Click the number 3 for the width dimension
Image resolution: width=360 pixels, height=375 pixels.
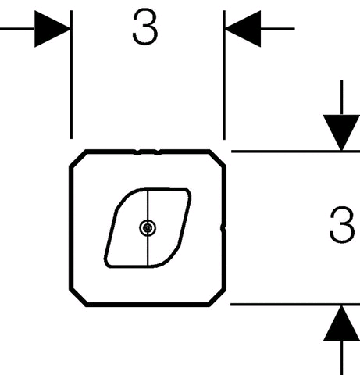pos(145,27)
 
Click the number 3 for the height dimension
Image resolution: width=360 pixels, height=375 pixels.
pos(342,225)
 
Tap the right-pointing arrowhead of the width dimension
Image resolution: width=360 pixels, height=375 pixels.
pos(52,29)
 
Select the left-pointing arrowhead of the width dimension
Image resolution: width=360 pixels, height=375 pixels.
pos(243,29)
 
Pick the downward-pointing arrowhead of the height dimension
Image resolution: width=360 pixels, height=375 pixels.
pos(341,133)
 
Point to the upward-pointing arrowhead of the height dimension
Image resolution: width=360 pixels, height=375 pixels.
pos(341,323)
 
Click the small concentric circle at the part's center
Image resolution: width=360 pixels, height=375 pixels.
pos(148,228)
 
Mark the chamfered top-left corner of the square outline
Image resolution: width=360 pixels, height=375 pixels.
pos(78,158)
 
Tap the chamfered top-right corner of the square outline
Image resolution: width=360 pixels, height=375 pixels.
pos(217,158)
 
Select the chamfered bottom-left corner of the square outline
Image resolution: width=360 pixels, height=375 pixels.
pos(78,298)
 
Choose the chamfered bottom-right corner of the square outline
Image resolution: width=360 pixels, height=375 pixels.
pos(217,298)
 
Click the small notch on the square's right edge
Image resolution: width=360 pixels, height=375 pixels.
pos(223,228)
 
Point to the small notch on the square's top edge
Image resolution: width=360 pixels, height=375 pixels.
pos(148,152)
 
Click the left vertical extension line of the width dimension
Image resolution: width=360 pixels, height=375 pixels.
pos(71,74)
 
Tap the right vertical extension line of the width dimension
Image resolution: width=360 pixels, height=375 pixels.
pos(224,75)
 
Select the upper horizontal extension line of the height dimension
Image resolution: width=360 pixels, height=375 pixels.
pos(295,151)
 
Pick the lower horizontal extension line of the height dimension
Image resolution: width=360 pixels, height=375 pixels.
pos(295,304)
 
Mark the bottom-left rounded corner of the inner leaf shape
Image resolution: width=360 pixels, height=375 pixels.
pos(107,262)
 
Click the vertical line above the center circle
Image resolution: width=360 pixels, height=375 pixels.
pos(148,205)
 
